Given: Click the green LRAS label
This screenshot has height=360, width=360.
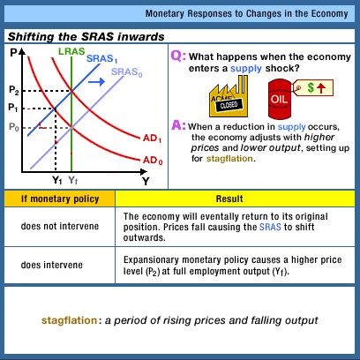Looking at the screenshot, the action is click(x=71, y=51).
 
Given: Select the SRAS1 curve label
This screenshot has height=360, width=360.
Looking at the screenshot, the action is click(x=102, y=59).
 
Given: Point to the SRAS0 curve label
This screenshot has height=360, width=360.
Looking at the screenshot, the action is click(x=127, y=72).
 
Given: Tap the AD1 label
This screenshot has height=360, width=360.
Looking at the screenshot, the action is click(x=153, y=138).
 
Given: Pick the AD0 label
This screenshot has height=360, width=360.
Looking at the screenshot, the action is click(x=153, y=161).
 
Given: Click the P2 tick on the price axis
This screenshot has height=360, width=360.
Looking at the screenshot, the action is click(x=14, y=90).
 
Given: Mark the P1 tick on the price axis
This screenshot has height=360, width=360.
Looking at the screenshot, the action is click(x=13, y=108).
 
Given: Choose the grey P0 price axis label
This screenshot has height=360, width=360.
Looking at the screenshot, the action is click(x=14, y=127).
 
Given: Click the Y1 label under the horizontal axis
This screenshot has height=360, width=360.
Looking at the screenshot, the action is click(x=57, y=180).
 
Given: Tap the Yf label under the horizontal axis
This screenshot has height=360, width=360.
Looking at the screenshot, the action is click(x=73, y=180).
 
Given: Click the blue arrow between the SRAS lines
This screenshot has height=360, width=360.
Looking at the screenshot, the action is click(x=96, y=81).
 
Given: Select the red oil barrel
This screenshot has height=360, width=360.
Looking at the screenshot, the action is click(x=279, y=99).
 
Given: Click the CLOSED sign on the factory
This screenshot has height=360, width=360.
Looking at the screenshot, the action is click(x=229, y=105).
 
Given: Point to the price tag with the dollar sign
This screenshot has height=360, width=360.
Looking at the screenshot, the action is click(x=313, y=87).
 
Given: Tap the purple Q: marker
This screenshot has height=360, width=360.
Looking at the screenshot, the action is click(x=178, y=56).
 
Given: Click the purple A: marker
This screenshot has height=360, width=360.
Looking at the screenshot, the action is click(x=179, y=125).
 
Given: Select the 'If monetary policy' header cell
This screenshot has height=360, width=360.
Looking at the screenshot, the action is click(x=60, y=199).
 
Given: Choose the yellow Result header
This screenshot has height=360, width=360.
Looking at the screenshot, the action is click(x=229, y=199).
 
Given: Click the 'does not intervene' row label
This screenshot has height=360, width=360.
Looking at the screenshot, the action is click(x=60, y=226).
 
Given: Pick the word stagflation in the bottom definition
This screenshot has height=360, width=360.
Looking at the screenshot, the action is click(x=70, y=320).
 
